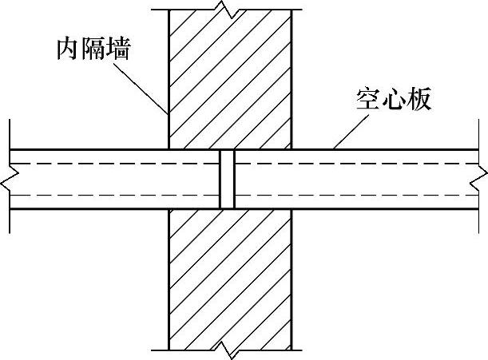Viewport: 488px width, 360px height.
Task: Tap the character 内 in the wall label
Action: coord(69,47)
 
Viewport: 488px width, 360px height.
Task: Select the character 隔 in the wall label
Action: coord(93,47)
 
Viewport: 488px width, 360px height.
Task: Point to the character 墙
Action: coord(118,47)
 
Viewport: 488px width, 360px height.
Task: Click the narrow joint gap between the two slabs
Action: coord(227,179)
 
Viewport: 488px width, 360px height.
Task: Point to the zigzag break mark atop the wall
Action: coord(230,12)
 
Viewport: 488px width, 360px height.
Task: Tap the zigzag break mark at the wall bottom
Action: coord(230,349)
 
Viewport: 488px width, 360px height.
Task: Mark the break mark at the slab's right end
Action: coord(482,180)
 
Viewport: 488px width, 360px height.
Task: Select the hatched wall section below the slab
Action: coord(230,279)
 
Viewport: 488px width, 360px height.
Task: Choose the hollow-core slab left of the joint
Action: coord(112,179)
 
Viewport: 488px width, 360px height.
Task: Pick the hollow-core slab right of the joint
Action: coord(359,179)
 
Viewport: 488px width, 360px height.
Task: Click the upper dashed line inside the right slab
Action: coord(359,163)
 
